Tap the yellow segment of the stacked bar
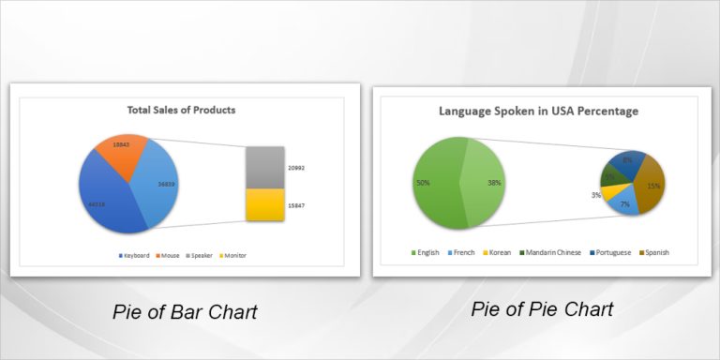pos(264,204)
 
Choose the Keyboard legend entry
pos(134,255)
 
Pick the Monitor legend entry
pos(232,255)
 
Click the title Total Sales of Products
pos(181,110)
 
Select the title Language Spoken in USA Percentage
pos(539,111)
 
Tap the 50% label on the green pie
pos(423,183)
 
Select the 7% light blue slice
pos(622,201)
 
